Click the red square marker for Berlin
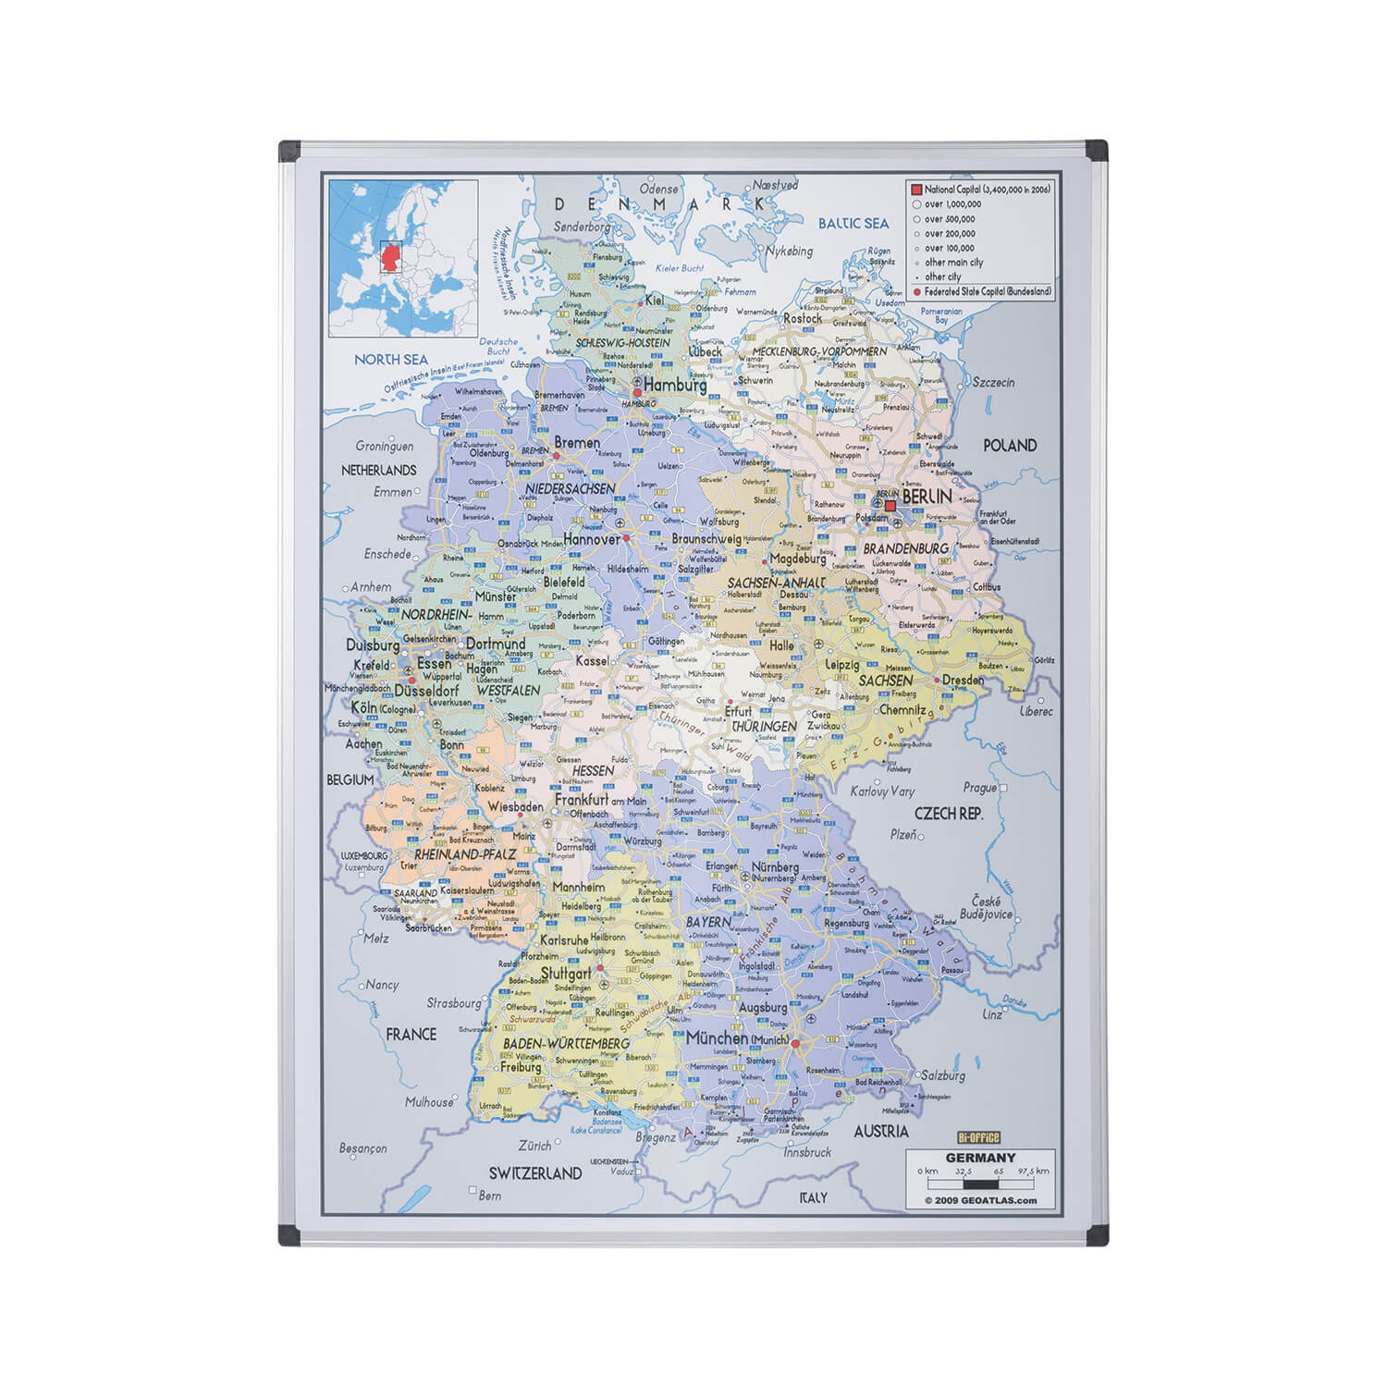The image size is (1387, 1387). (890, 506)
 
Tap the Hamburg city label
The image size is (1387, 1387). (675, 385)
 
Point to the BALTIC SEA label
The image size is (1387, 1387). (853, 223)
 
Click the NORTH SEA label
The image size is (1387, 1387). (391, 359)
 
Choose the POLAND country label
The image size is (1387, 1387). (1010, 446)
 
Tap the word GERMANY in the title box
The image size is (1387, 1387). (980, 1158)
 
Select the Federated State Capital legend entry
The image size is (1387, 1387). (982, 291)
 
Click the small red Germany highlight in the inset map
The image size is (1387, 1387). (390, 256)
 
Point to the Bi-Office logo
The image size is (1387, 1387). (978, 1138)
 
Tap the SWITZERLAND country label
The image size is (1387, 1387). (535, 1173)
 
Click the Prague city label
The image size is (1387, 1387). (979, 788)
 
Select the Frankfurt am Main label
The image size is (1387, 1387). (600, 800)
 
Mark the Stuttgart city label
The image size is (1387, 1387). (566, 975)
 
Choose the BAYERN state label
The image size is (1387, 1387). (708, 922)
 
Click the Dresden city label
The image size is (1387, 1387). (963, 681)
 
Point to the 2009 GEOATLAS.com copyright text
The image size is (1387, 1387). (980, 1201)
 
